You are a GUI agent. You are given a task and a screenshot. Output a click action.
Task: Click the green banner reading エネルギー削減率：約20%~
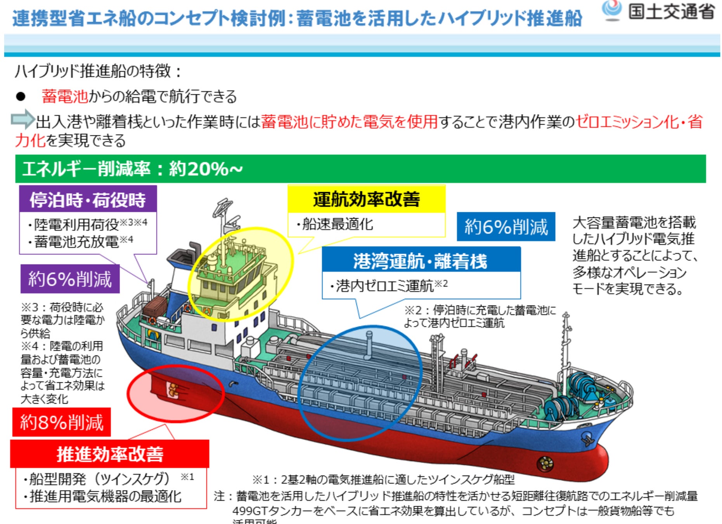360,169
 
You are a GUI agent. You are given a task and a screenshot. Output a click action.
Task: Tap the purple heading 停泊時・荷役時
88,200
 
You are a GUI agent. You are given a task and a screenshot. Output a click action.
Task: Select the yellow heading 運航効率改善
366,199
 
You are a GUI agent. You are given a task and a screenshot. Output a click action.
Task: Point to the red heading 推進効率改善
110,454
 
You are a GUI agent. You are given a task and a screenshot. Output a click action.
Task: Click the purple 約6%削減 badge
70,279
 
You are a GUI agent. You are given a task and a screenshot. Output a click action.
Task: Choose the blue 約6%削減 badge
506,227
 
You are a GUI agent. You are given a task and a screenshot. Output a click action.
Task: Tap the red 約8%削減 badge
62,422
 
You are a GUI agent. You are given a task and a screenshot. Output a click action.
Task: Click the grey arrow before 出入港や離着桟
23,119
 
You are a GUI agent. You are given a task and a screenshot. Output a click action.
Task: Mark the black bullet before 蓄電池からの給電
21,97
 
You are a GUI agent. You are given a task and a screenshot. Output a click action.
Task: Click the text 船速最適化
337,224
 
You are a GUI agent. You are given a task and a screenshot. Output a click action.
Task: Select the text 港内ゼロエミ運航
384,286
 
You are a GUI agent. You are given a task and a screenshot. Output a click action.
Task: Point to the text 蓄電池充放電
76,241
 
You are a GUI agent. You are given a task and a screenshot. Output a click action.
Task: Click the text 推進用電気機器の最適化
105,496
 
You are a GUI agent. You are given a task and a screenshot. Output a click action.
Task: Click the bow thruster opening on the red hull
545,463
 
